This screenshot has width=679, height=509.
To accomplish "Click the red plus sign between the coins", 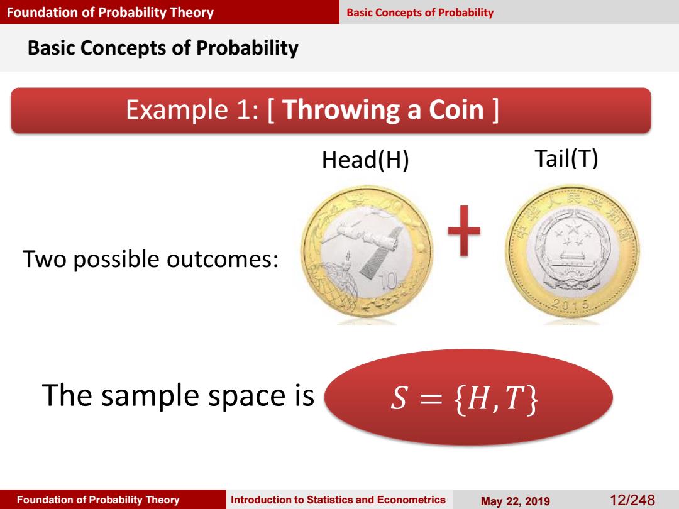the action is pos(464,230).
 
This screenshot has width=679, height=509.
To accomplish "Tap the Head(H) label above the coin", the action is pos(365,160).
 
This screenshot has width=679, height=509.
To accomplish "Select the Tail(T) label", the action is pos(566,158).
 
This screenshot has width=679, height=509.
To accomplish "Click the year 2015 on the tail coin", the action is pos(571,304).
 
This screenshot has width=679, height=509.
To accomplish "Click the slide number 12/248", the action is pos(632,500).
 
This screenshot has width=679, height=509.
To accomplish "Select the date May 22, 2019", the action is pos(516,501).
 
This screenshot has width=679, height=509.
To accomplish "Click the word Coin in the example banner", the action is pos(456,109).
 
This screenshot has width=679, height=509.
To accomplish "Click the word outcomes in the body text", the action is pos(222,260).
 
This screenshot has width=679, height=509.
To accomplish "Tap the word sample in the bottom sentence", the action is pos(150,396).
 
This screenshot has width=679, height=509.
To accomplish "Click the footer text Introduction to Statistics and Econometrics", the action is pos(338,500).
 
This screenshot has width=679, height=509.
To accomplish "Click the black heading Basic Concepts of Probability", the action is pos(163,48).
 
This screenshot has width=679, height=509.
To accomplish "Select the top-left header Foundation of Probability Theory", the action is pos(111,12).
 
